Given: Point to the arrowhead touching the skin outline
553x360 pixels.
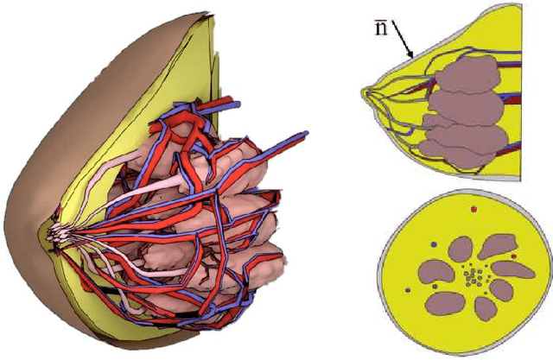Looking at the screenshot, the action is (413, 54).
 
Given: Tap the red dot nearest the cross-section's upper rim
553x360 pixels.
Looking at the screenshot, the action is (473, 209).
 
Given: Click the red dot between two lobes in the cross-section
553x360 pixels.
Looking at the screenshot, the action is (514, 256).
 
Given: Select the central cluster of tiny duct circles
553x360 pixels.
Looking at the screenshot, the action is (472, 277).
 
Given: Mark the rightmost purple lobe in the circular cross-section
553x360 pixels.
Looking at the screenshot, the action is (516, 271).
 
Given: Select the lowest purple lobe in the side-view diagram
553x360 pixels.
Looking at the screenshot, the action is (462, 147).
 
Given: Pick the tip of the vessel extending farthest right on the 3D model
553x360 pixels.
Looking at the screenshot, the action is (308, 134).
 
